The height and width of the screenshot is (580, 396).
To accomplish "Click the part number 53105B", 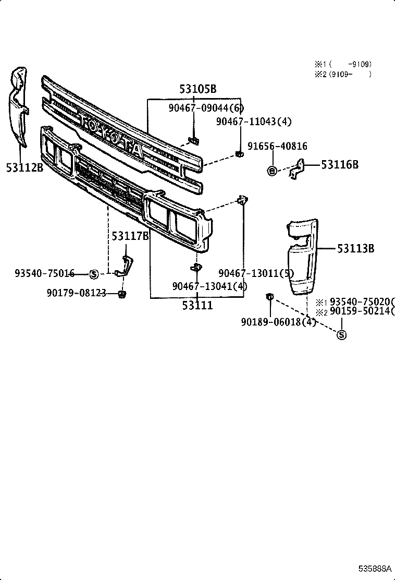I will [197, 89].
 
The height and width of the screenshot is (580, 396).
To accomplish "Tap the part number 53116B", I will [340, 165].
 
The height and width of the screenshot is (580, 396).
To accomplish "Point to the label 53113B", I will [355, 249].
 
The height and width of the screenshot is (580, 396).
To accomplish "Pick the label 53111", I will [197, 306].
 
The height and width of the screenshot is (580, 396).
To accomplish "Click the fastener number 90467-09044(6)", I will [206, 108].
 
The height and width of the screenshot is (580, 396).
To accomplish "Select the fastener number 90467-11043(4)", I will [254, 122].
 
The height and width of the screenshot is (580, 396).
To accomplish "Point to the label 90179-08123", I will [76, 294].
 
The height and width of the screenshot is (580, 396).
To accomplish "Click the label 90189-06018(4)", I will [278, 322].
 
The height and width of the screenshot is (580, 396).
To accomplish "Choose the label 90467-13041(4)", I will [209, 286].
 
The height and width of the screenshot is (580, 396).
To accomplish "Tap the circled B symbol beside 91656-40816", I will [271, 171].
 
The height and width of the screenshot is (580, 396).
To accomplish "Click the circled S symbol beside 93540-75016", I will [94, 274].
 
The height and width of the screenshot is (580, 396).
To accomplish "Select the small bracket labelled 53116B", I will [298, 168].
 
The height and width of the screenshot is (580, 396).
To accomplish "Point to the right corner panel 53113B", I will [301, 258].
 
